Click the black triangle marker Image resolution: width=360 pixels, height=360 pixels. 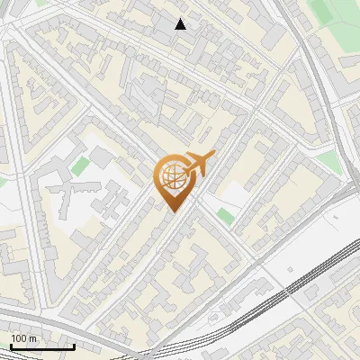(x=181, y=24)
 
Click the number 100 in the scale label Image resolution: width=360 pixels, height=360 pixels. (x=19, y=338)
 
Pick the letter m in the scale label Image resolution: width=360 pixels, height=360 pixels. (x=33, y=338)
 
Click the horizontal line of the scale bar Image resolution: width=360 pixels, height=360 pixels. (x=40, y=346)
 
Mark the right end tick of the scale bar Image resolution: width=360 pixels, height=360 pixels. (x=74, y=345)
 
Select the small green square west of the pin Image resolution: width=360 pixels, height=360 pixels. (x=81, y=166)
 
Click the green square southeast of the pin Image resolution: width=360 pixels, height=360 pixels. (x=225, y=215)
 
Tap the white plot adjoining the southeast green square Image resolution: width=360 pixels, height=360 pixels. (x=232, y=194)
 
